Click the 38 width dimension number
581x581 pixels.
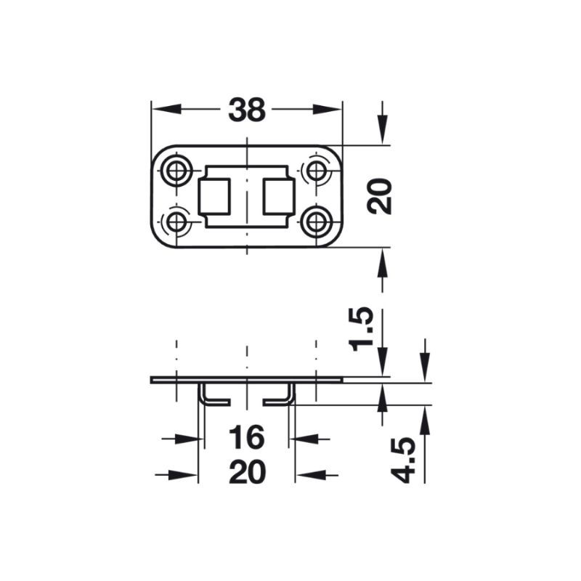247,110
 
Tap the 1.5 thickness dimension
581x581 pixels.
362,329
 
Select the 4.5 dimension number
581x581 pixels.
405,460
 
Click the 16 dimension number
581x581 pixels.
247,439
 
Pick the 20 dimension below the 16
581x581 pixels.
247,474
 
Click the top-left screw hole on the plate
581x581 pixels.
175,171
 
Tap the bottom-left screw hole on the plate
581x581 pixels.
175,222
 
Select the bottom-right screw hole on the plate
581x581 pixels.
316,222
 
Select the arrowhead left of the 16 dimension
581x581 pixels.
190,439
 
